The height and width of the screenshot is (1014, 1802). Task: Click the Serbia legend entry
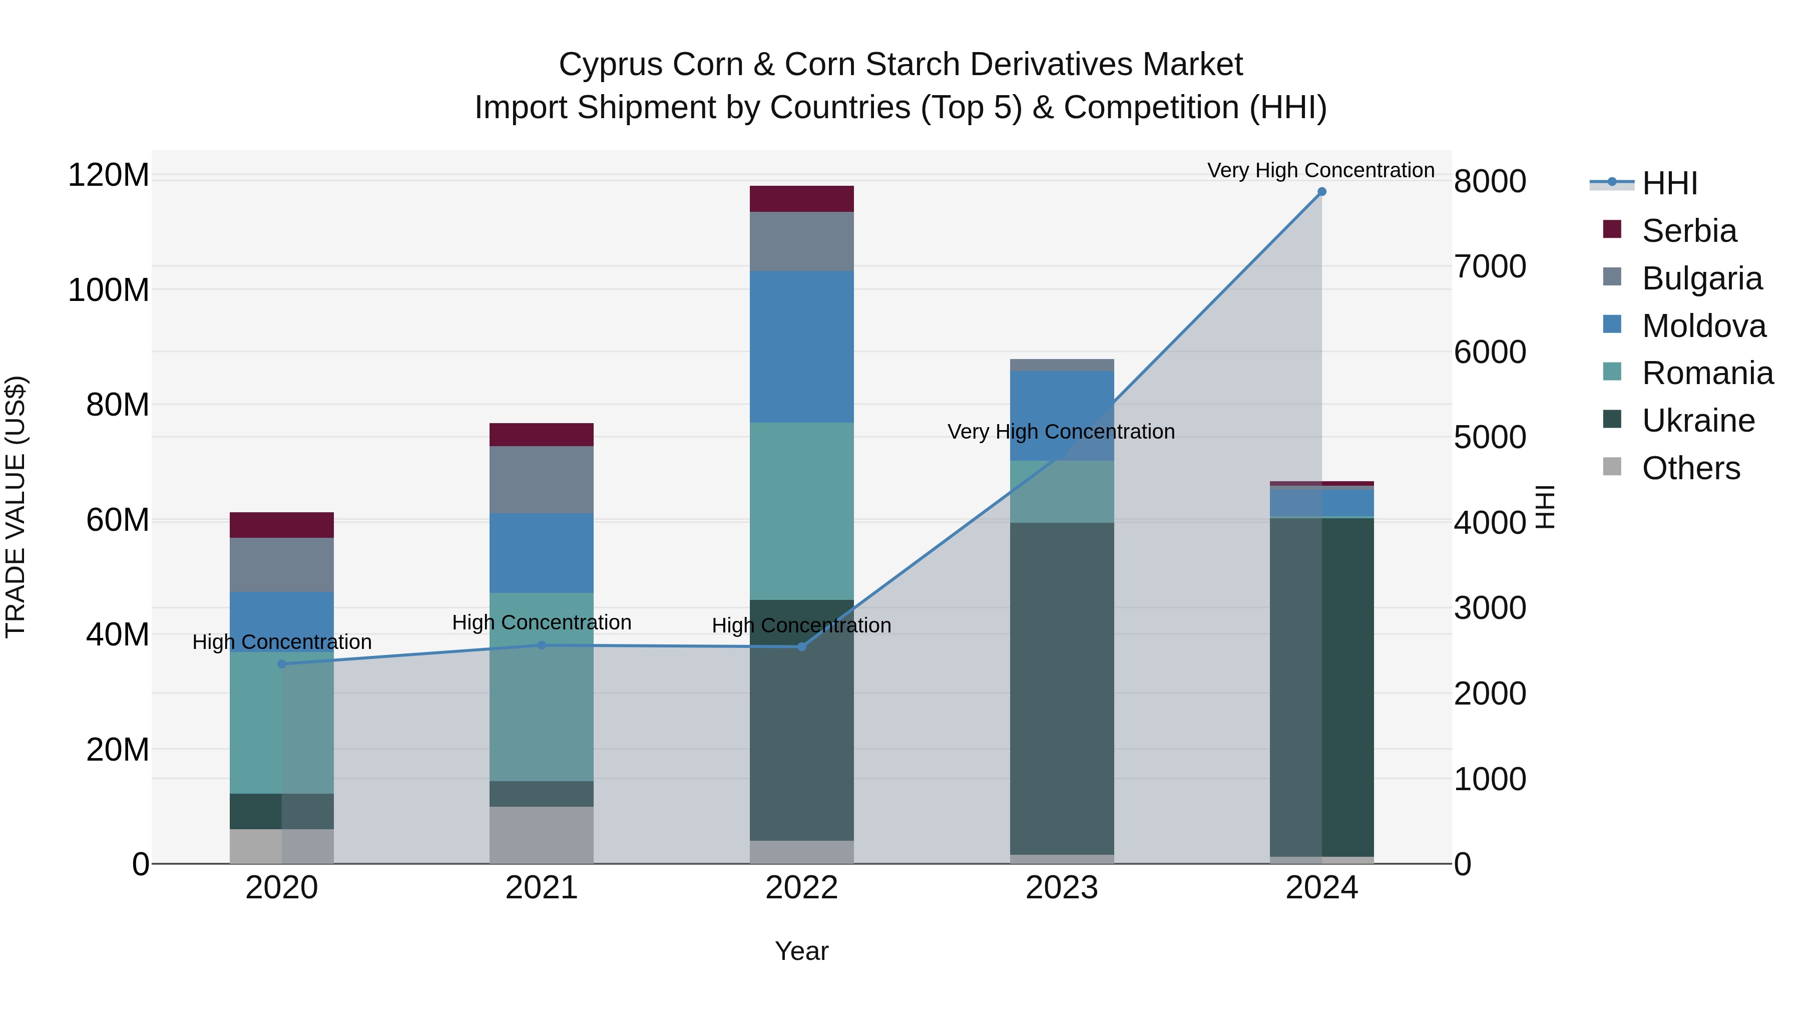click(1688, 231)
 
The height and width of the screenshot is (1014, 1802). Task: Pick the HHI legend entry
click(1669, 183)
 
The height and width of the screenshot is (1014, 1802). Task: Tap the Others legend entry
click(1690, 468)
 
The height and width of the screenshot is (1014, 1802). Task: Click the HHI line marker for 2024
click(1321, 192)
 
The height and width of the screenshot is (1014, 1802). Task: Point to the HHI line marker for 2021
click(542, 645)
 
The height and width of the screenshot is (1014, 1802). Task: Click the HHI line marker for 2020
click(282, 664)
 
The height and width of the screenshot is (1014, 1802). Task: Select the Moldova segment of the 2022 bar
click(802, 347)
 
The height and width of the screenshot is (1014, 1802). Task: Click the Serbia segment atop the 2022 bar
click(802, 199)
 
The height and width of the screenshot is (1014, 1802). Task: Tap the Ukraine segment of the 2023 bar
click(1062, 689)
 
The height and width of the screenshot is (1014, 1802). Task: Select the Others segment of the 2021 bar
click(542, 835)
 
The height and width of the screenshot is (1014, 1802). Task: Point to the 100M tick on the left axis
click(109, 290)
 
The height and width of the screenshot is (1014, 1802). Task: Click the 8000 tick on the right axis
click(1490, 182)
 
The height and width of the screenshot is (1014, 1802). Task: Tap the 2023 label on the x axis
click(1062, 888)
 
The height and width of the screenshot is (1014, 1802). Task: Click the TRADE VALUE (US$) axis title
click(16, 507)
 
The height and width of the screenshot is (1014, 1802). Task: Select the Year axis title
click(802, 951)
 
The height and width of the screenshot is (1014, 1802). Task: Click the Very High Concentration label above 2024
click(1321, 170)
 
